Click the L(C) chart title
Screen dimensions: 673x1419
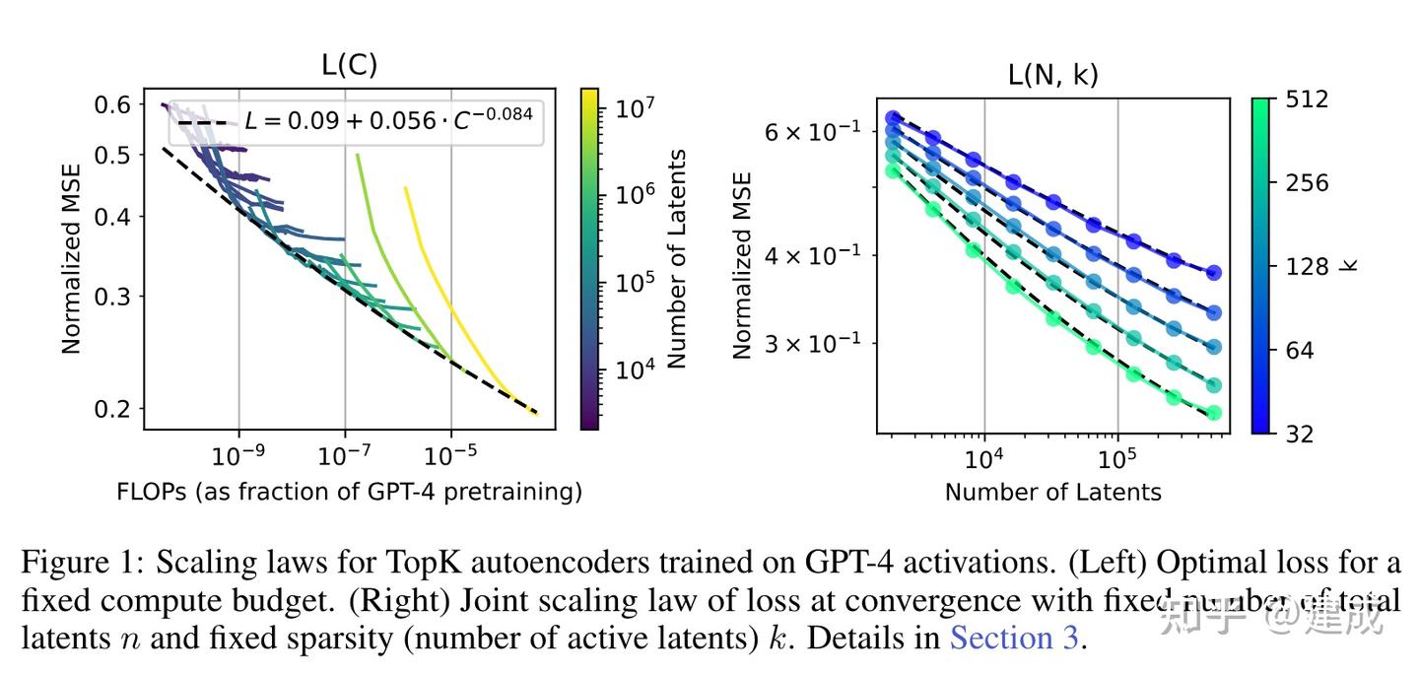[x=349, y=65]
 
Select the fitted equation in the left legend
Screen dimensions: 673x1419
[x=388, y=120]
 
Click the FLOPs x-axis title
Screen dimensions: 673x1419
[x=349, y=491]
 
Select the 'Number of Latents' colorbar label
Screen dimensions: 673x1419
[x=676, y=259]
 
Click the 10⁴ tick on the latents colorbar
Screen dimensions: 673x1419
[x=636, y=370]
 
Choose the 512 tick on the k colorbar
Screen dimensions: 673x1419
[x=1307, y=100]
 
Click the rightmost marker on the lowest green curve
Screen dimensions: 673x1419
[x=1214, y=413]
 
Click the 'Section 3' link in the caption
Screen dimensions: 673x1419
[x=1014, y=639]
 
